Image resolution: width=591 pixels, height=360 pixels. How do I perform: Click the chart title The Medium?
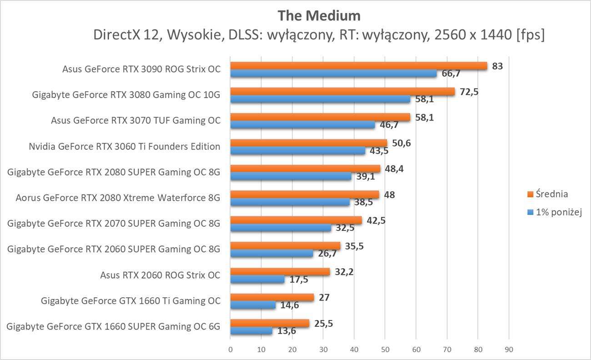(319, 15)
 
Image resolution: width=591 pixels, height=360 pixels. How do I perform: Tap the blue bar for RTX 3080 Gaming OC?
(320, 99)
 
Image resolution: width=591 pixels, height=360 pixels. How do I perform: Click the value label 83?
(497, 66)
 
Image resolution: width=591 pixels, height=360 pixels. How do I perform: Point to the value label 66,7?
(451, 74)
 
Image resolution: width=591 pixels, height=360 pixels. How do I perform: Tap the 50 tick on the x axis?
(385, 350)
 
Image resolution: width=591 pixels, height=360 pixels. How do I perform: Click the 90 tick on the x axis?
(509, 350)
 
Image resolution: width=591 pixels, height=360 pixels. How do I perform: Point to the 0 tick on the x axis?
(230, 350)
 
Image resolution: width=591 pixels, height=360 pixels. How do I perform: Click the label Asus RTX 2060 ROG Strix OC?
(160, 275)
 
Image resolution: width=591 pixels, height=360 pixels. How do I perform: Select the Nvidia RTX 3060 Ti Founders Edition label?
(124, 146)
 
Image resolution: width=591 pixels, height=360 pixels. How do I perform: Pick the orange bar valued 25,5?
(270, 323)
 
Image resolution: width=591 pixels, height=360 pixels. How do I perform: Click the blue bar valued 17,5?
(257, 279)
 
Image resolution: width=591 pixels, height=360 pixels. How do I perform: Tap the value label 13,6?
(286, 331)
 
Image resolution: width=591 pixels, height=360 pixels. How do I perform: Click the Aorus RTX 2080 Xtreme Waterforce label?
(118, 198)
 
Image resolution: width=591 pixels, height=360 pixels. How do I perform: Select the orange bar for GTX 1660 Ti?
(272, 297)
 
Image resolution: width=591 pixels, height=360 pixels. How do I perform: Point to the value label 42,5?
(376, 220)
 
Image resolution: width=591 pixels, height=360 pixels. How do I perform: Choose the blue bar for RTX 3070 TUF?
(302, 125)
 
